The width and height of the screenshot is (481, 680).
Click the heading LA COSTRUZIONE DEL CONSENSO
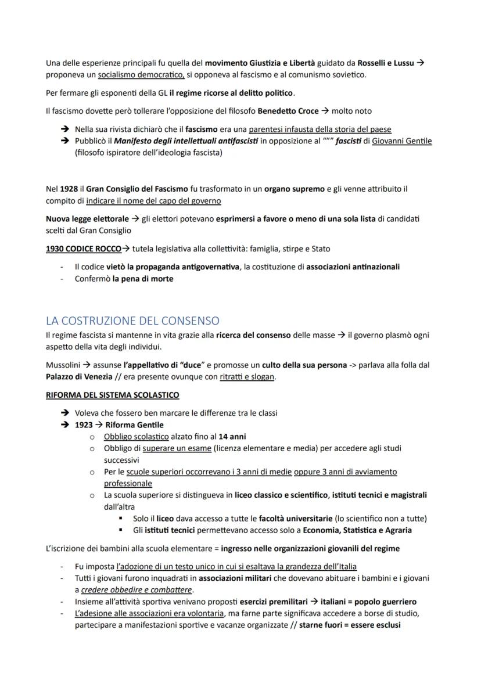(132, 321)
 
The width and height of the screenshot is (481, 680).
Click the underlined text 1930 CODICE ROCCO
(84, 249)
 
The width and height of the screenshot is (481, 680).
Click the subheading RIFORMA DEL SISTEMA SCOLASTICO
(112, 395)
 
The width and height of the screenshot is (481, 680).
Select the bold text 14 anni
(232, 436)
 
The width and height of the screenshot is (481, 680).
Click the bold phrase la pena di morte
(142, 278)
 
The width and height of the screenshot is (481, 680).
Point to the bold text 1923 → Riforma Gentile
(119, 424)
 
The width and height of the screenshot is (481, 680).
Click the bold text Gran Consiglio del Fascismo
(137, 189)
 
